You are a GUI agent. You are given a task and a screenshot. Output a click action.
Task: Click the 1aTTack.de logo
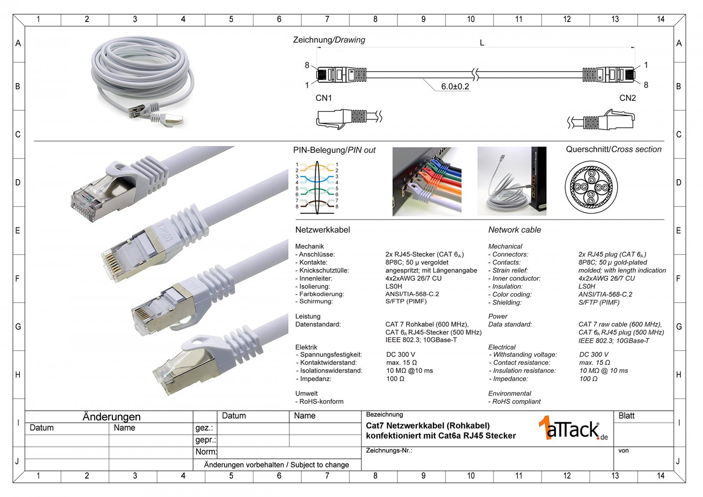pos(573,428)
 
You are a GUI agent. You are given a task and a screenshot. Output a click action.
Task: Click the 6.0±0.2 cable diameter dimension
pos(455,86)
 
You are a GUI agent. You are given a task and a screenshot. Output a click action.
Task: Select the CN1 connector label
pos(323,98)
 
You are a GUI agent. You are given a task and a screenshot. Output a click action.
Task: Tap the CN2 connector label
pos(627,98)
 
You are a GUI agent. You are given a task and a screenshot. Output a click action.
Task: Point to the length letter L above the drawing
pos(482,43)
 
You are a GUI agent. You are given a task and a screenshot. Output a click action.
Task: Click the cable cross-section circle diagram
pos(591,187)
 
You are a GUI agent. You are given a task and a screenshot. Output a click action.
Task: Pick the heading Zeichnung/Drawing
pos(329,40)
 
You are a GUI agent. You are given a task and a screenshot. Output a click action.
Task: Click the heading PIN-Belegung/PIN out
pos(334,150)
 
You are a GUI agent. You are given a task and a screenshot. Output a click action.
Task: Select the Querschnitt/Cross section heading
pos(613,149)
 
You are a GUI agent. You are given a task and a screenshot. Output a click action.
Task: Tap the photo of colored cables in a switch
pos(427,181)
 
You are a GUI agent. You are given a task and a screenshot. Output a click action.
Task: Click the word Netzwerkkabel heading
pos(323,230)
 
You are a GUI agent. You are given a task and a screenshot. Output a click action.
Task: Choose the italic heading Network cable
pos(515,230)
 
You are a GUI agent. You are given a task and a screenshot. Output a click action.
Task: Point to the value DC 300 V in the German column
pos(401,355)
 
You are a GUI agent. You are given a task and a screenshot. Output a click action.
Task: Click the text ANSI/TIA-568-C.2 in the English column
pos(605,294)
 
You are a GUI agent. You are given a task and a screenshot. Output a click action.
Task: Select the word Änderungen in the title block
pos(112,417)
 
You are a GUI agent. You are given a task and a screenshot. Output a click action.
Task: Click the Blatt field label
pos(627,416)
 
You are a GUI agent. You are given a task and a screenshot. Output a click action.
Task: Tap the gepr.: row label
pos(206,440)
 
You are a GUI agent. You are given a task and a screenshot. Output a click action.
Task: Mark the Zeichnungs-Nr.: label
pos(389,450)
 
